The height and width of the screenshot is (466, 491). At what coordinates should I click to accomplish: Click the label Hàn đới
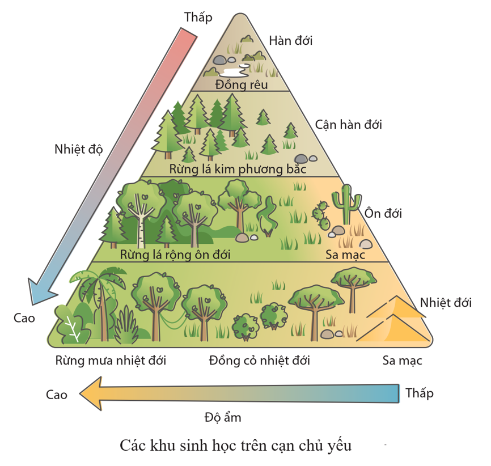pyautogui.click(x=291, y=40)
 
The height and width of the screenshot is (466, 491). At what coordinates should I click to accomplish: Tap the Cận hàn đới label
pyautogui.click(x=348, y=124)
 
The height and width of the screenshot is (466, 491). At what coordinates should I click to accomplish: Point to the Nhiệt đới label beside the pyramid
pyautogui.click(x=446, y=302)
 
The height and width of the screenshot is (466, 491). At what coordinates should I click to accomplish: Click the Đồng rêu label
pyautogui.click(x=242, y=84)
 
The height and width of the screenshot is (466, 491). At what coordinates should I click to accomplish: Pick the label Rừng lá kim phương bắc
pyautogui.click(x=238, y=169)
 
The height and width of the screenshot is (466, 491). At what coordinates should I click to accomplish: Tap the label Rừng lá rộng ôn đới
pyautogui.click(x=175, y=255)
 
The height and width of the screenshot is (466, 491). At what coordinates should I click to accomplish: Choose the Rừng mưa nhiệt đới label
pyautogui.click(x=111, y=360)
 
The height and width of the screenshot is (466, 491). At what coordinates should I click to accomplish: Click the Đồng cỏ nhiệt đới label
pyautogui.click(x=259, y=360)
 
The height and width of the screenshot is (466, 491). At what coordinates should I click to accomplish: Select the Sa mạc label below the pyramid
pyautogui.click(x=402, y=360)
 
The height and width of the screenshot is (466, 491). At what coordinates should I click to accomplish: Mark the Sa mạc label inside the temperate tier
pyautogui.click(x=345, y=255)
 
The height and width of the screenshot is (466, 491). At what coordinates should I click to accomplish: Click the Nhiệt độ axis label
pyautogui.click(x=78, y=150)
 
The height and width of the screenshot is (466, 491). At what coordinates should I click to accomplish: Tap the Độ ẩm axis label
pyautogui.click(x=223, y=418)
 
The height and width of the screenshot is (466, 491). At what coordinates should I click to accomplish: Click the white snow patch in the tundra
pyautogui.click(x=234, y=71)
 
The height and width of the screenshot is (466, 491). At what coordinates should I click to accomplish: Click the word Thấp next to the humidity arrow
pyautogui.click(x=420, y=393)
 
